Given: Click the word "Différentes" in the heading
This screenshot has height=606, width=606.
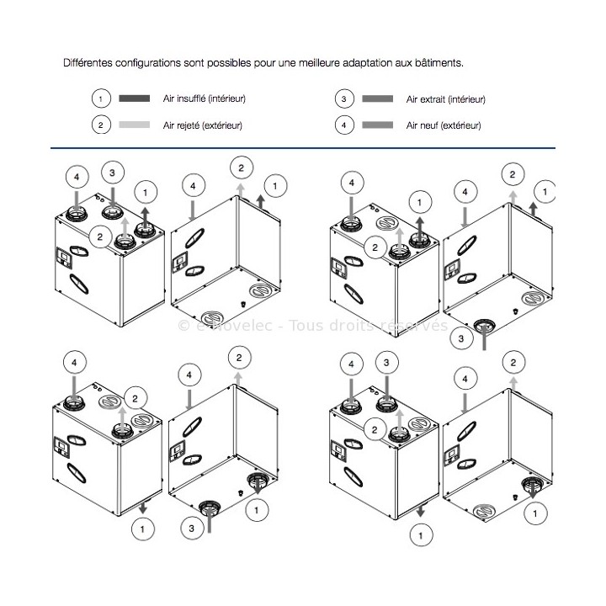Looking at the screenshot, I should [x=89, y=63].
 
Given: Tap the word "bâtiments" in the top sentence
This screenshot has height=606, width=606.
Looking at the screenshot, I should [x=437, y=63].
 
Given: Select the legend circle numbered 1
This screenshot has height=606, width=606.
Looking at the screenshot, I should [x=100, y=98].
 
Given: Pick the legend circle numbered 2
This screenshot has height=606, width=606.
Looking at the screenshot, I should [x=100, y=125].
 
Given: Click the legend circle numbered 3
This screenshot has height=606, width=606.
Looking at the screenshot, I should [x=343, y=98].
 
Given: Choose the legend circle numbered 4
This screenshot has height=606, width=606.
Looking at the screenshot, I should [x=343, y=125].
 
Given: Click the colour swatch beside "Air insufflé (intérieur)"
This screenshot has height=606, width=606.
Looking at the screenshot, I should [x=135, y=98].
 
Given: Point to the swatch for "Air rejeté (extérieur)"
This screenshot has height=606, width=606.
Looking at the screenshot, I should [x=135, y=125].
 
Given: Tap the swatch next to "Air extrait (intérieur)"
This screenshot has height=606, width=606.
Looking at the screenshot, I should [x=378, y=98].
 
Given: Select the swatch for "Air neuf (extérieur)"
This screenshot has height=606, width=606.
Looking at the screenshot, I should [x=378, y=125].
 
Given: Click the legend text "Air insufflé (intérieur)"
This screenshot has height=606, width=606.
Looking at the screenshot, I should [x=205, y=98].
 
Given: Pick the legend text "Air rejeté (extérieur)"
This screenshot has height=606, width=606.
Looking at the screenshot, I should [x=203, y=125].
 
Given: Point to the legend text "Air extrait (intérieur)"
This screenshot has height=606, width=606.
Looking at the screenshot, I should [x=446, y=98].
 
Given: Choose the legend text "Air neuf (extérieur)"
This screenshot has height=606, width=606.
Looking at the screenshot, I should [x=444, y=125].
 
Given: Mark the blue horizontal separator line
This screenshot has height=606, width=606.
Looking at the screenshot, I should [x=303, y=149].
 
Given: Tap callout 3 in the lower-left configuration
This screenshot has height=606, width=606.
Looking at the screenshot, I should [x=193, y=528].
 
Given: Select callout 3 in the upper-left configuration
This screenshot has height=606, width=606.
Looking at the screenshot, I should [x=112, y=173].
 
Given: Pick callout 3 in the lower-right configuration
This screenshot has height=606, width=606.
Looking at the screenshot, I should [x=386, y=363].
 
